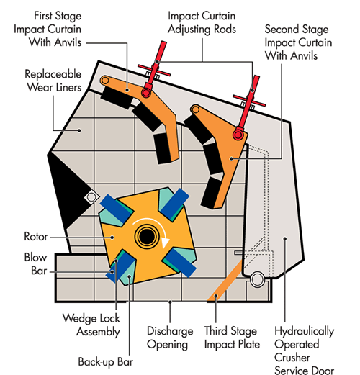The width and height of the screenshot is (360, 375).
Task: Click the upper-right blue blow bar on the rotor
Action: (x=176, y=203)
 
